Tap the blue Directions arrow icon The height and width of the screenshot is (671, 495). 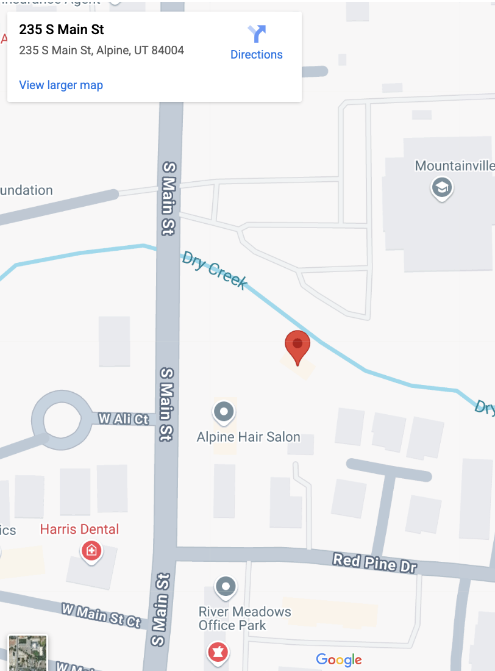(257, 33)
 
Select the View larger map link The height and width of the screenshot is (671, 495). (61, 85)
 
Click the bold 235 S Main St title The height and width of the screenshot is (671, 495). (62, 29)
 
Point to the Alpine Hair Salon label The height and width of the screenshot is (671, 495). (248, 437)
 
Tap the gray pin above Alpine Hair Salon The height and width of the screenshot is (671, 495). (224, 412)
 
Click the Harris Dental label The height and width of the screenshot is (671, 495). (79, 529)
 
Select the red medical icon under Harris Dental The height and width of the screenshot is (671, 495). (91, 551)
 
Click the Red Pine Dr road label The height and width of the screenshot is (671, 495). (374, 562)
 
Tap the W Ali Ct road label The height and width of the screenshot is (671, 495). (124, 419)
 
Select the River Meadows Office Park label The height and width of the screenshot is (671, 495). (244, 618)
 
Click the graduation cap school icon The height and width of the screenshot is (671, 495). (441, 187)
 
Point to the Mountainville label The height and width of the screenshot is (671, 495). (454, 165)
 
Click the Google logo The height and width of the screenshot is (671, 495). (339, 659)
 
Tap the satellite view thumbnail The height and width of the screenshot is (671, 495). (27, 653)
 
